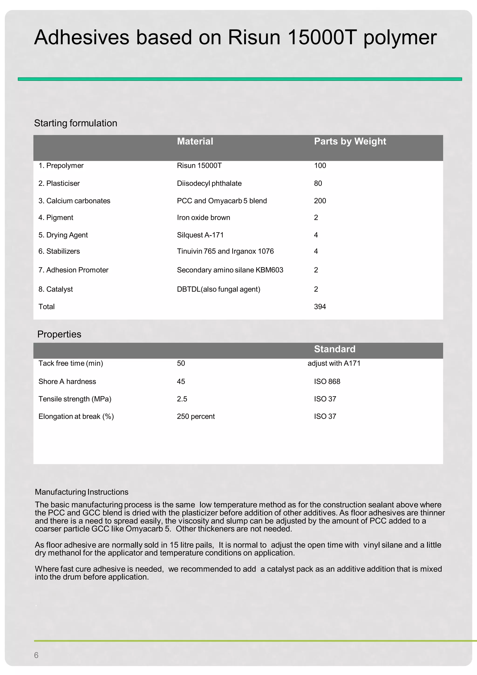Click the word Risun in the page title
coord(254,38)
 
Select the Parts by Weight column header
coord(350,141)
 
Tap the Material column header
coord(195,141)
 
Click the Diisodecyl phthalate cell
coord(209,184)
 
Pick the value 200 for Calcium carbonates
coord(320,201)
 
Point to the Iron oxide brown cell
coord(203,218)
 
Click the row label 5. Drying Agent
coord(63,235)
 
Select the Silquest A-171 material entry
coord(200,235)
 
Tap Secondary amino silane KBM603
coord(230,270)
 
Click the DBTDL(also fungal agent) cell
coord(218,289)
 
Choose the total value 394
coord(320,307)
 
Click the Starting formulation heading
coord(75,123)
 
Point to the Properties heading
coord(59,334)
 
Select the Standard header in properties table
coord(334,349)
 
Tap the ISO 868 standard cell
coord(327,382)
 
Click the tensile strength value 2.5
coord(182,399)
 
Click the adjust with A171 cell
coord(334,363)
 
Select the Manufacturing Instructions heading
coord(82,492)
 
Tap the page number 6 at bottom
coord(36,655)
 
